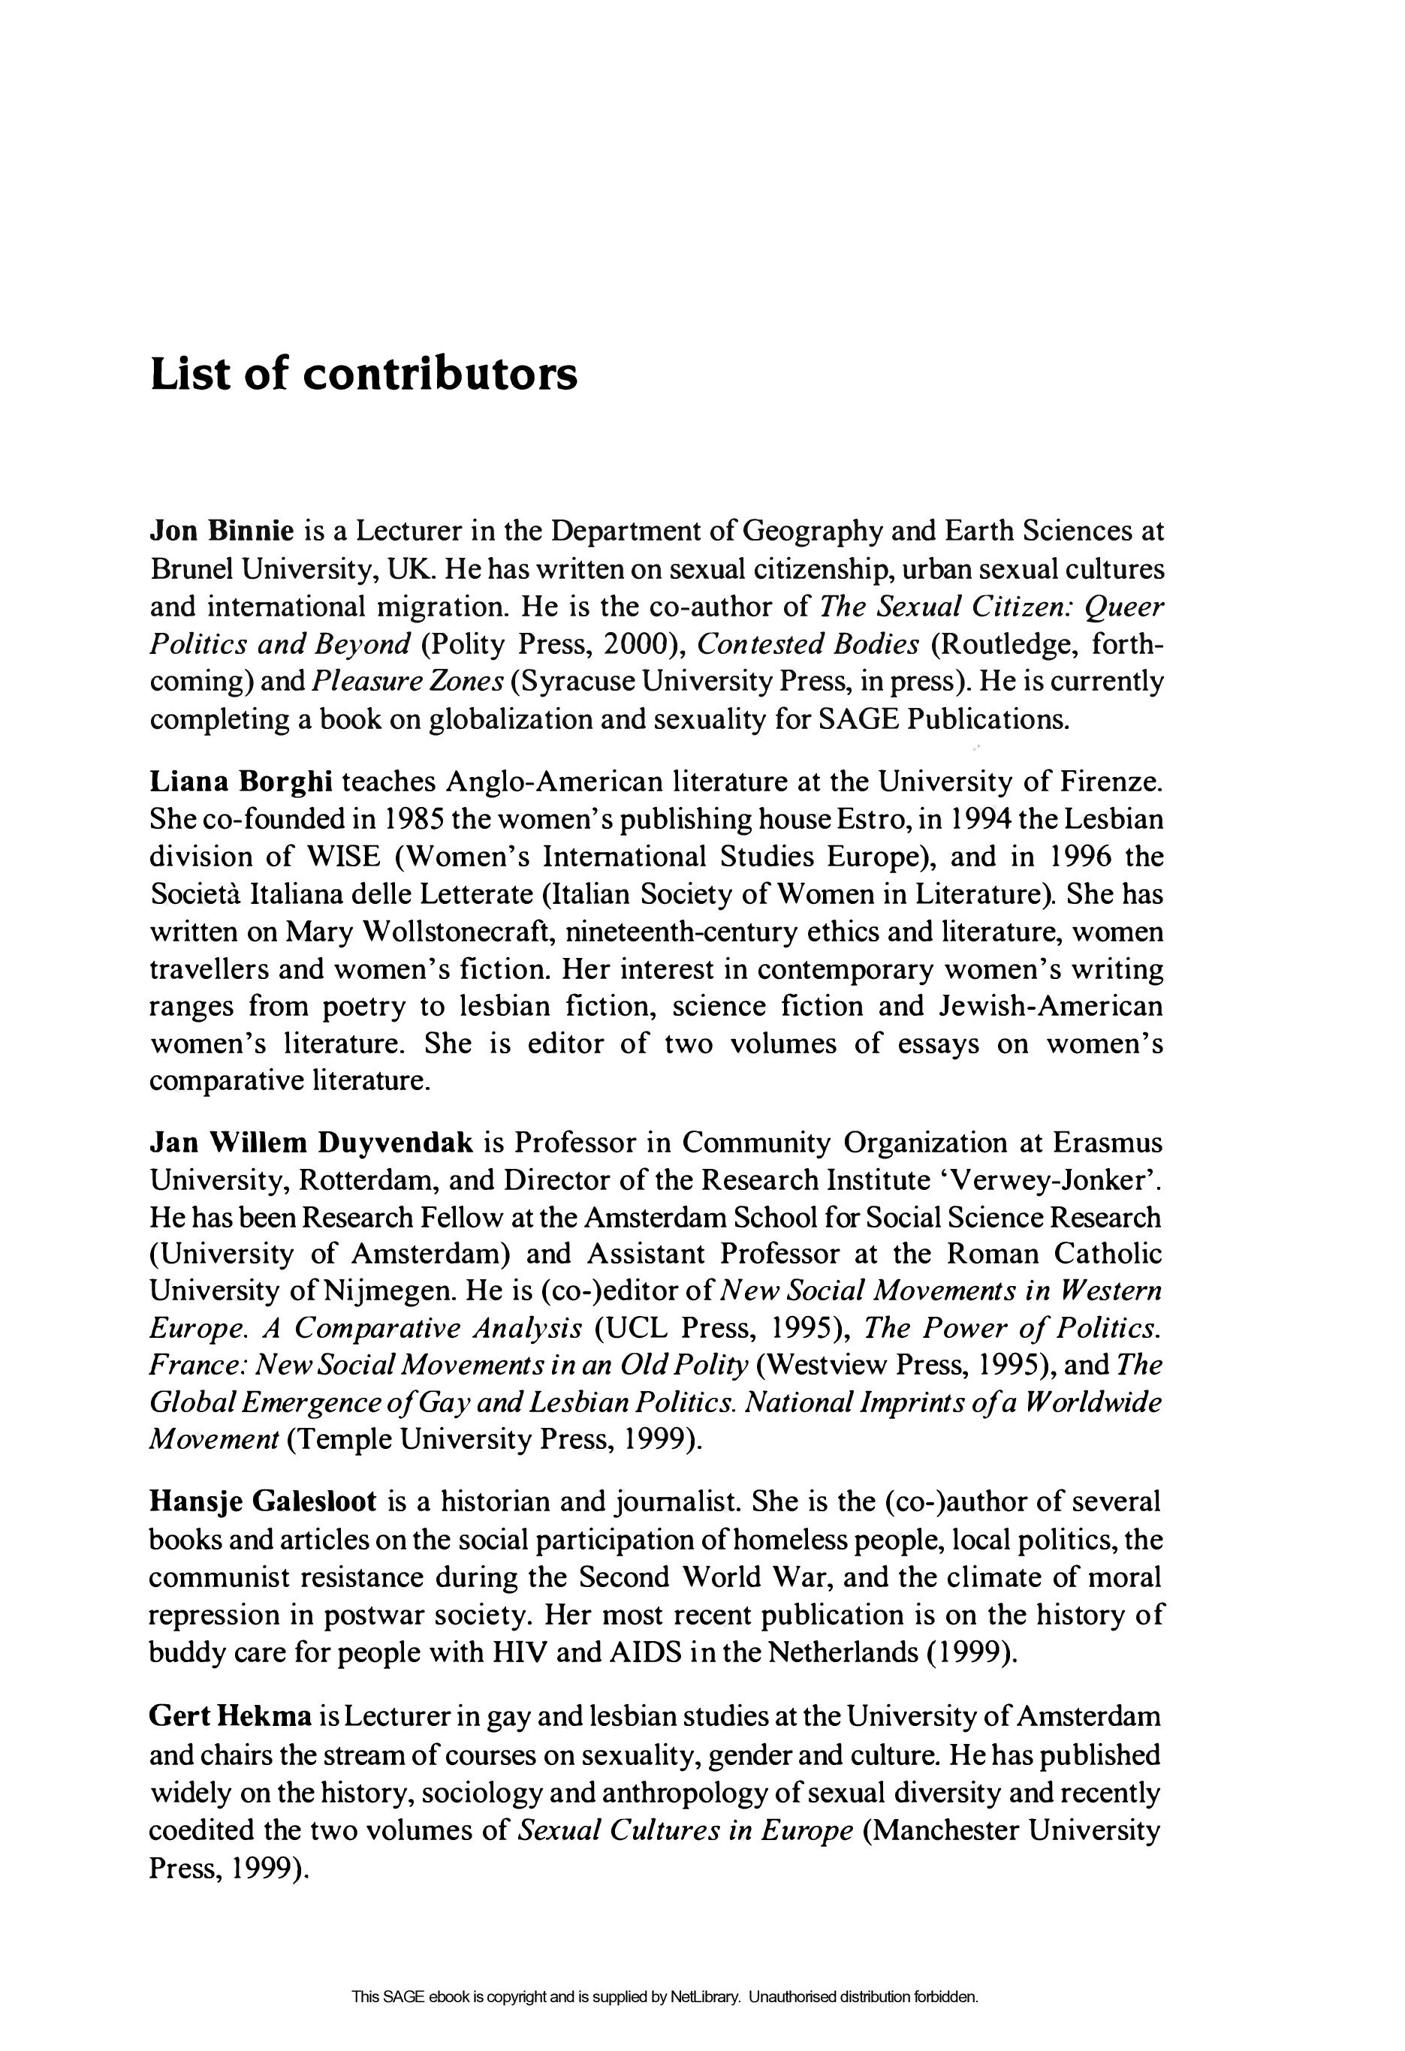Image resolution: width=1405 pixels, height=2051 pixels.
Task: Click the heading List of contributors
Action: [x=363, y=374]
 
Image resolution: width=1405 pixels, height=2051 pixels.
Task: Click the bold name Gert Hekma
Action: [x=231, y=1716]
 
